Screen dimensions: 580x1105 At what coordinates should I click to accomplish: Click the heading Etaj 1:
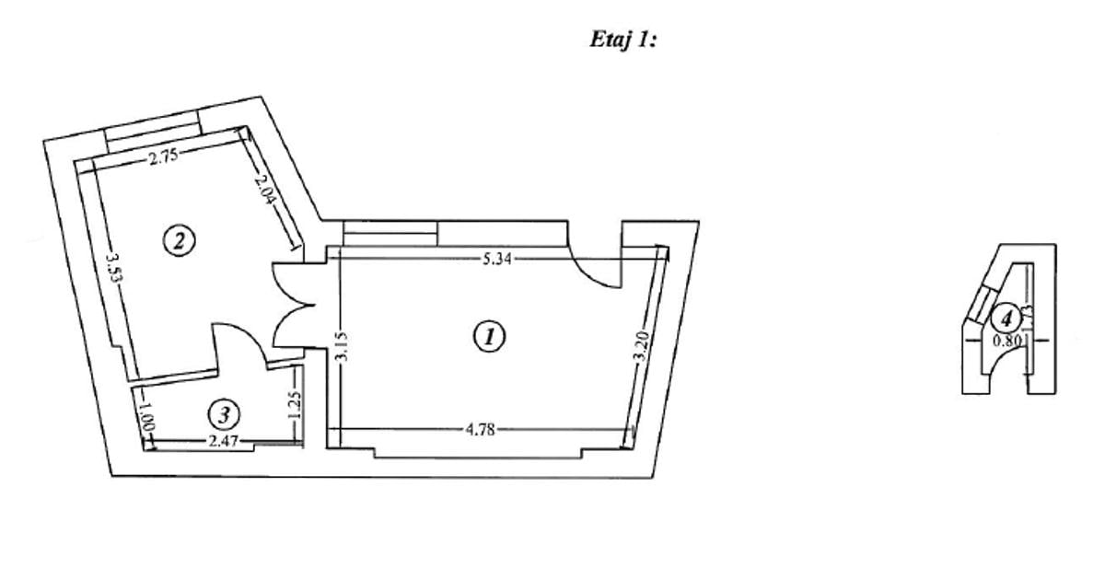coord(622,41)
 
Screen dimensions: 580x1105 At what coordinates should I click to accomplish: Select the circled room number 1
coord(489,336)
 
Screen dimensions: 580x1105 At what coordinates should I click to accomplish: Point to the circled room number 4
coord(1007,319)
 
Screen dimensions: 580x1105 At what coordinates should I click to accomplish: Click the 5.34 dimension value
coord(498,259)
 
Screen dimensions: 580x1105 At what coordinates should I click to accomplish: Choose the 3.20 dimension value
coord(642,349)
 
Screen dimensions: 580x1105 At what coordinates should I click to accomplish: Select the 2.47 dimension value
coord(224,442)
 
